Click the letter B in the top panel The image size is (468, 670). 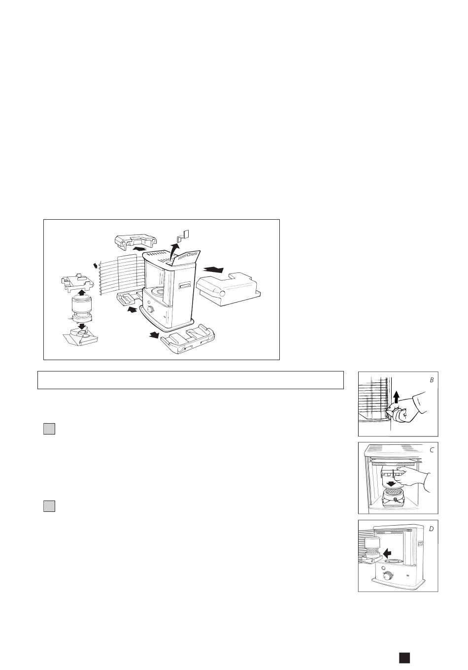tap(432, 380)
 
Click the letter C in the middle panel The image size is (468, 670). tap(432, 450)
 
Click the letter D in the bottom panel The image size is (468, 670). tap(431, 529)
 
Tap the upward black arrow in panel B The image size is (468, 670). tap(396, 398)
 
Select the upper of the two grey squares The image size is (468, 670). tap(49, 429)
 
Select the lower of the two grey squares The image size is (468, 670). tap(49, 506)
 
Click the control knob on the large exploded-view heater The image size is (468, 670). tap(150, 309)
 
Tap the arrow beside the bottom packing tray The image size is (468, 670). tap(154, 335)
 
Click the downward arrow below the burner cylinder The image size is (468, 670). tap(81, 326)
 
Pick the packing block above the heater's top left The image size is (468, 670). tap(135, 241)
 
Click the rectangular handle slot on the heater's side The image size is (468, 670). tap(185, 286)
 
